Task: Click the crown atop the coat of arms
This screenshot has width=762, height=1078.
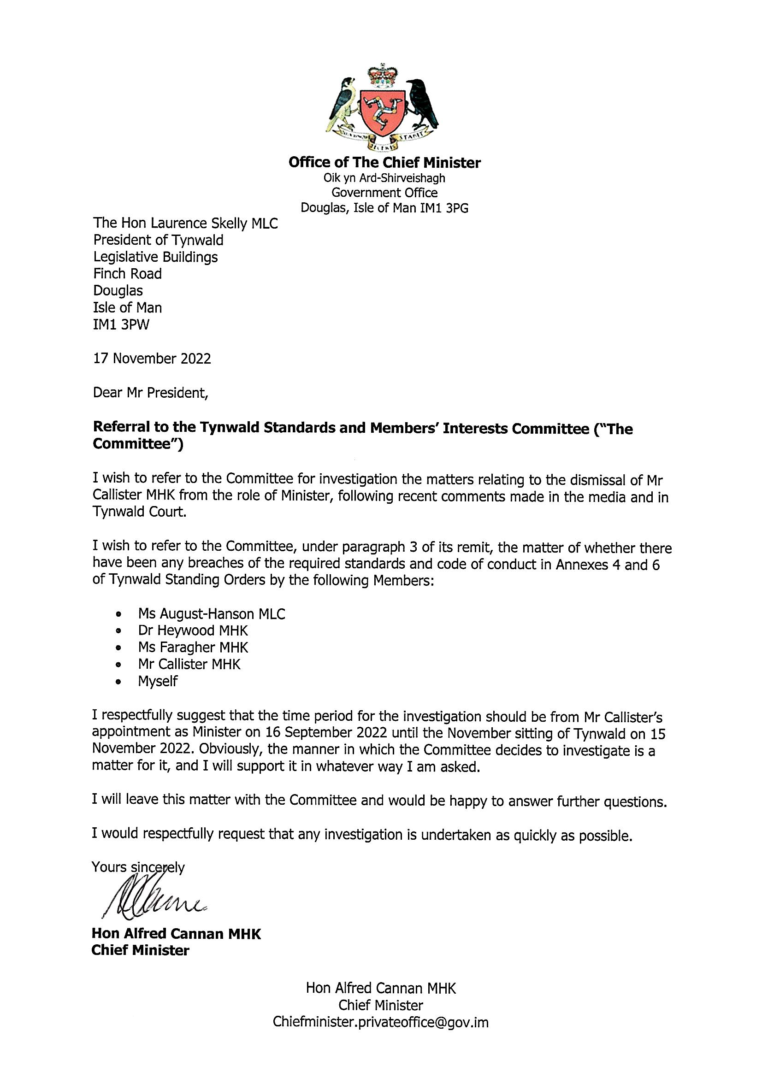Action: [x=381, y=75]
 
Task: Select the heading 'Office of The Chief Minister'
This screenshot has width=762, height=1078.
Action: [x=384, y=163]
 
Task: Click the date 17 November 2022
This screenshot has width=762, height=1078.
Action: [x=152, y=359]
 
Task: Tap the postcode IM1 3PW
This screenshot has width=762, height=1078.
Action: [x=121, y=324]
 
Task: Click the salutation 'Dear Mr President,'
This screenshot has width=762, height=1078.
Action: [x=150, y=393]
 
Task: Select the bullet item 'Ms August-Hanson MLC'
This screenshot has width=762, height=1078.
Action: [x=211, y=613]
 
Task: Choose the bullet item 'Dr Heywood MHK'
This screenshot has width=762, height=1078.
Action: [x=193, y=630]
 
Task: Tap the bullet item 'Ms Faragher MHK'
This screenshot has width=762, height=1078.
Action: [x=193, y=648]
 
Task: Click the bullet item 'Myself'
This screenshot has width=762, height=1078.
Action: [x=158, y=681]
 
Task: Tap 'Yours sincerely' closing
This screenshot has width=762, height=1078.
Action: [x=138, y=867]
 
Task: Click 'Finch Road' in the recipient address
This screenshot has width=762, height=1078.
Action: [x=127, y=274]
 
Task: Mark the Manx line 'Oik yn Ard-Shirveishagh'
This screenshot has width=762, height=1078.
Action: [x=384, y=178]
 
